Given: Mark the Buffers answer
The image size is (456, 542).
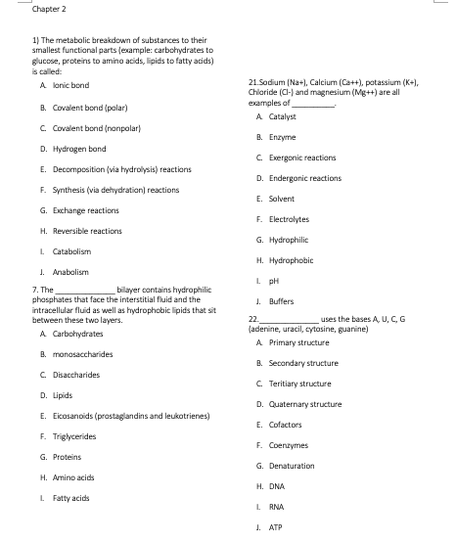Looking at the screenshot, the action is [x=276, y=301].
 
